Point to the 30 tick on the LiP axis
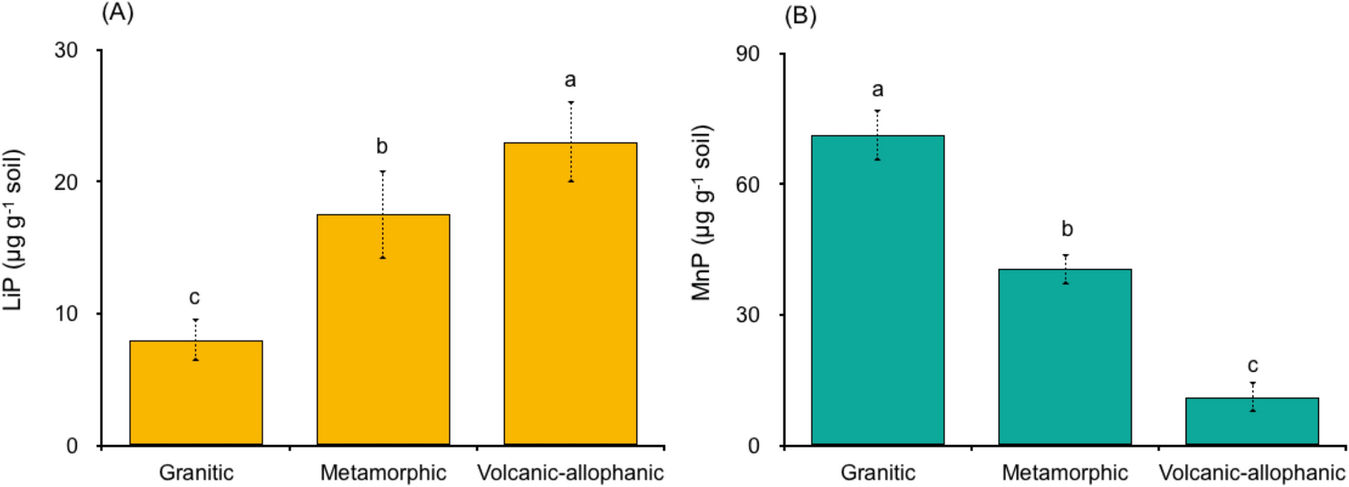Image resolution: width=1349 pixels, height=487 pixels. coord(66,50)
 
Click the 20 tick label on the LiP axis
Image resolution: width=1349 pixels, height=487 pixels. coord(66,182)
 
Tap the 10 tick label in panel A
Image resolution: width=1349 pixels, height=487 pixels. coord(66,314)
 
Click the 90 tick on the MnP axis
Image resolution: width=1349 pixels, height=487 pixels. coord(748,54)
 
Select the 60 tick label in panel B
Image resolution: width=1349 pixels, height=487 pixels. coord(748,184)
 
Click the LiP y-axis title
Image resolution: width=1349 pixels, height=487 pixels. coord(14,229)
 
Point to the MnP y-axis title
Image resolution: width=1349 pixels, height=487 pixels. coord(700,213)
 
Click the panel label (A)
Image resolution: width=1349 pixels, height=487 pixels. coord(117,13)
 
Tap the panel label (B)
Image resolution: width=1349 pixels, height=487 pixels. coord(799,16)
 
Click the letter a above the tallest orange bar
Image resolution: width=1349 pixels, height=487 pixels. coord(570,80)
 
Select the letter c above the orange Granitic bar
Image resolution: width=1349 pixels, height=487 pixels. coord(194,297)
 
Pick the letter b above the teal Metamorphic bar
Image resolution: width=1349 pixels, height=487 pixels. coord(1067,229)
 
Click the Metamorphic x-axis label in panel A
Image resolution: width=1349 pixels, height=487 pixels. coord(383,473)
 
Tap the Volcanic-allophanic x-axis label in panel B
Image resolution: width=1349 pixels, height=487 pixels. coord(1251,473)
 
